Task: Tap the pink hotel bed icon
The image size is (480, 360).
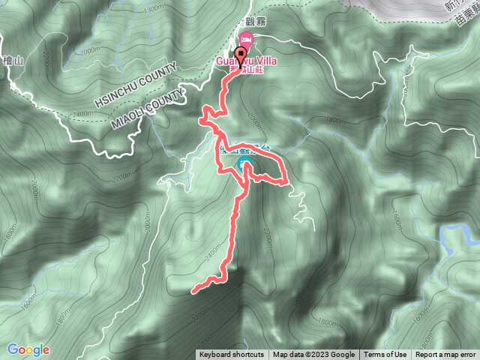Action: [x=247, y=40]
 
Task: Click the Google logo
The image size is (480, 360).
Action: [x=28, y=349]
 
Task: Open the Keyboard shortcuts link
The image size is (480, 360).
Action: [x=232, y=355]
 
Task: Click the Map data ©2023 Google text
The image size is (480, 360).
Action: [x=313, y=355]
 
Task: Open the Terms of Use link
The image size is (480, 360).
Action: [x=385, y=355]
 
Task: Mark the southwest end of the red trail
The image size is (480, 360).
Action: [x=194, y=290]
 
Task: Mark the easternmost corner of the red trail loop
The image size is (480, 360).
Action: [x=286, y=182]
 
